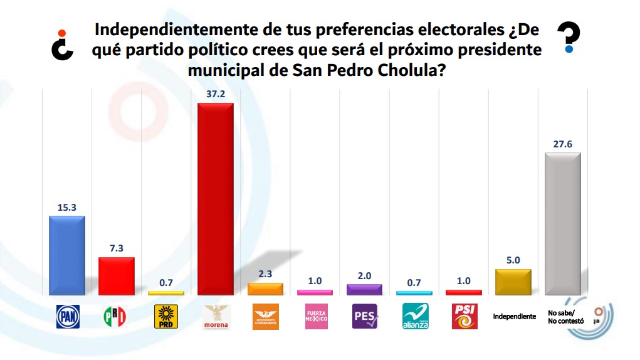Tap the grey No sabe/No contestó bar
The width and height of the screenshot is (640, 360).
click(x=562, y=223)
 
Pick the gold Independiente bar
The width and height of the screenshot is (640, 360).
click(x=513, y=282)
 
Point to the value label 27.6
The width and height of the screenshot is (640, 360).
click(x=562, y=144)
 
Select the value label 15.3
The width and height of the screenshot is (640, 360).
click(x=66, y=206)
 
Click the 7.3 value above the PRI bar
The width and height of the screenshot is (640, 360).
click(x=116, y=248)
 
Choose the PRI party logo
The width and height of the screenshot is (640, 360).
click(x=116, y=317)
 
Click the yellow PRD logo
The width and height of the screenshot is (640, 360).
click(x=165, y=317)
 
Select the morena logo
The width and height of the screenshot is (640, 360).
click(x=215, y=317)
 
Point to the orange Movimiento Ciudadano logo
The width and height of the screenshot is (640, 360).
click(x=265, y=317)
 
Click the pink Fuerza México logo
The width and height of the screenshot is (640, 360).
click(x=315, y=317)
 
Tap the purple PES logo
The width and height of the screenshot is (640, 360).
click(x=364, y=317)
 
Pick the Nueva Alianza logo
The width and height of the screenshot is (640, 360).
click(x=414, y=317)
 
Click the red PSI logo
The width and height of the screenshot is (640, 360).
click(x=463, y=317)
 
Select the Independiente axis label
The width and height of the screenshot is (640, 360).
click(x=514, y=317)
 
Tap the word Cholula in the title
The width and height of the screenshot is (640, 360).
click(x=414, y=70)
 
